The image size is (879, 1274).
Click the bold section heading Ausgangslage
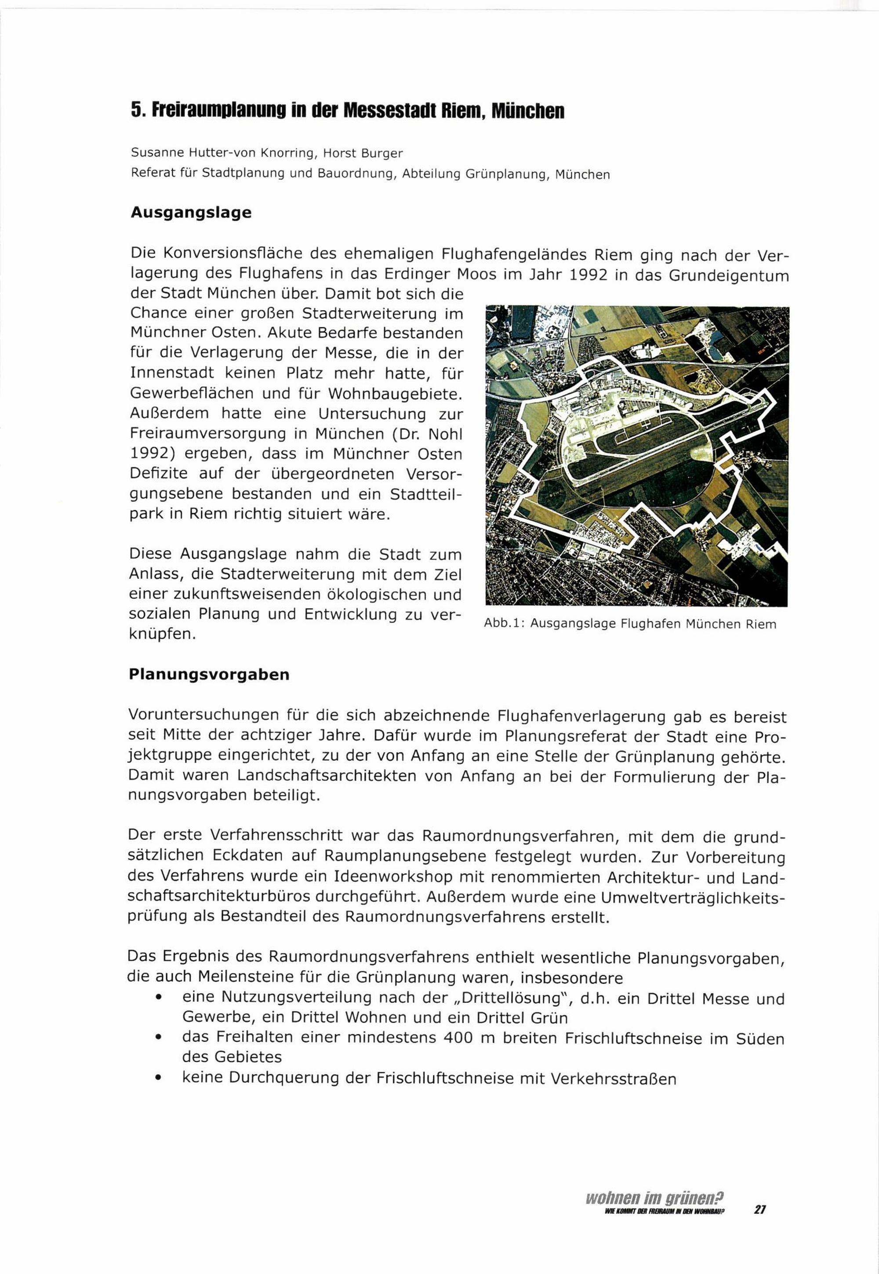pyautogui.click(x=191, y=213)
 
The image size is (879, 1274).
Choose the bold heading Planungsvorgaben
pyautogui.click(x=209, y=675)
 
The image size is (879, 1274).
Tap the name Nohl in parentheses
pyautogui.click(x=444, y=434)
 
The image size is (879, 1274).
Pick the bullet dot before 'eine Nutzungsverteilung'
pyautogui.click(x=159, y=999)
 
